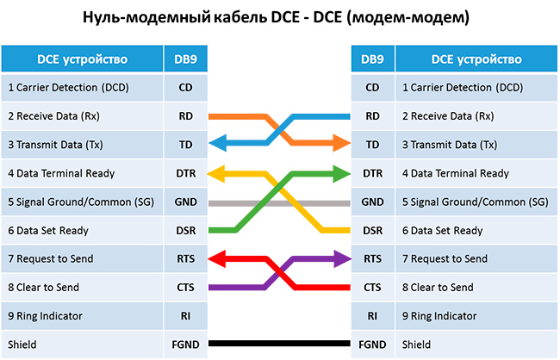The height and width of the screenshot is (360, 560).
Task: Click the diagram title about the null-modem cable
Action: pyautogui.click(x=279, y=17)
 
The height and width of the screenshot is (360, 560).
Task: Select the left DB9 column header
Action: pyautogui.click(x=185, y=59)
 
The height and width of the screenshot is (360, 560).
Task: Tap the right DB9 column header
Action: pyautogui.click(x=372, y=59)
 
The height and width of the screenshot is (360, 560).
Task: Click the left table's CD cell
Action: pyautogui.click(x=185, y=87)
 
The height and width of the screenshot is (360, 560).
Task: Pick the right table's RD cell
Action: pyautogui.click(x=372, y=115)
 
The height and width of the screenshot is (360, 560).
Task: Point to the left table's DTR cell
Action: pyautogui.click(x=185, y=173)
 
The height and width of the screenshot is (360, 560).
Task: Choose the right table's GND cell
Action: pyautogui.click(x=372, y=202)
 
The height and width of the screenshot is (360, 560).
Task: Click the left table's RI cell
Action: pyautogui.click(x=185, y=316)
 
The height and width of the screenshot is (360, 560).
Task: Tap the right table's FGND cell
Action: pyautogui.click(x=372, y=344)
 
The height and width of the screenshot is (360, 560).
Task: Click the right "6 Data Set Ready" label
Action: pyautogui.click(x=439, y=230)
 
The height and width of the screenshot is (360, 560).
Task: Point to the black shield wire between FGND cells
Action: pyautogui.click(x=279, y=344)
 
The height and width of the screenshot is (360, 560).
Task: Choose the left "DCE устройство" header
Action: pyautogui.click(x=82, y=59)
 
